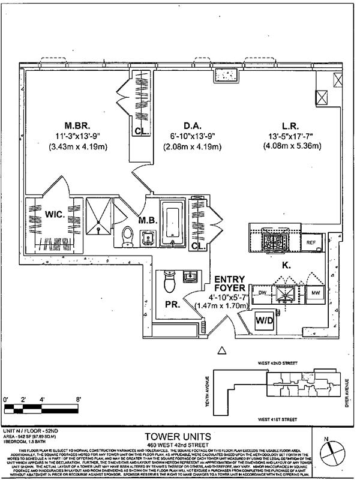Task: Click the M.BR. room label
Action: click(x=77, y=127)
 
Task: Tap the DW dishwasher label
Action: click(x=262, y=293)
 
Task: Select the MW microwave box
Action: click(x=315, y=293)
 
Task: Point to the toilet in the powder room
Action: click(x=169, y=281)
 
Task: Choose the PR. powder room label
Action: click(x=172, y=305)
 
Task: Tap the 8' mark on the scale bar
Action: click(x=79, y=400)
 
